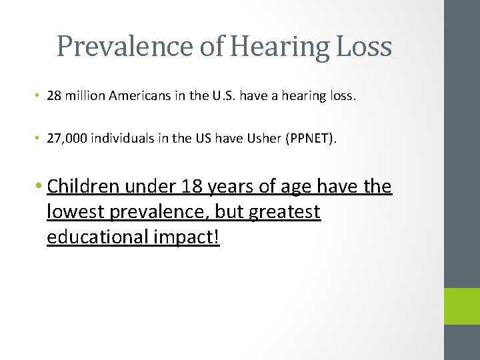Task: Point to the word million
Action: point(86,96)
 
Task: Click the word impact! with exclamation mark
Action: point(192,238)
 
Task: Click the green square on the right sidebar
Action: point(461,306)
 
